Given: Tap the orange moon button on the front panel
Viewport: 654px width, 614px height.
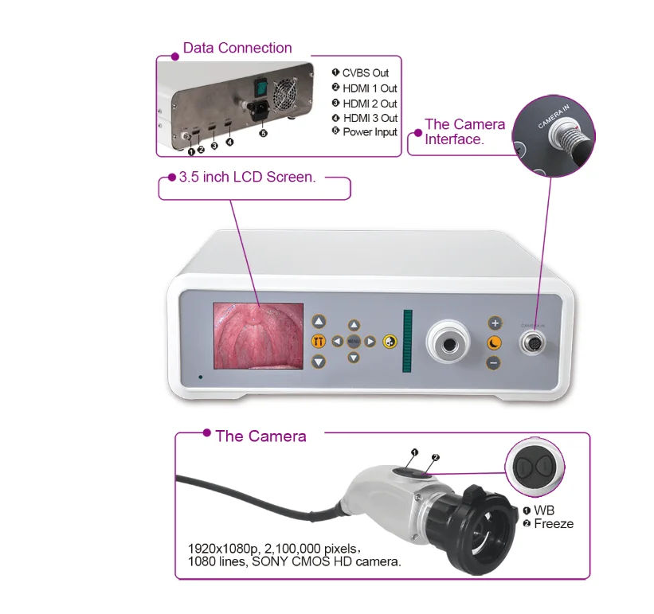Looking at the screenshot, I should pyautogui.click(x=494, y=342).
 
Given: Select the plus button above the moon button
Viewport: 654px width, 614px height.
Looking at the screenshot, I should pyautogui.click(x=494, y=323).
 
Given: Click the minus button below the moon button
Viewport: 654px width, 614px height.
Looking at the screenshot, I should pyautogui.click(x=494, y=362).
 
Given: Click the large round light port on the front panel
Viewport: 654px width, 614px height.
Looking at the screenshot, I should pyautogui.click(x=450, y=343).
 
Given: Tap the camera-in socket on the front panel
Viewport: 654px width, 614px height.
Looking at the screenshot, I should pyautogui.click(x=532, y=342).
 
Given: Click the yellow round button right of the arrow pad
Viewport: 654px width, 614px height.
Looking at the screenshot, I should pyautogui.click(x=390, y=342).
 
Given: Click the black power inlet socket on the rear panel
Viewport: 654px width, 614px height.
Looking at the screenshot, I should pyautogui.click(x=259, y=112).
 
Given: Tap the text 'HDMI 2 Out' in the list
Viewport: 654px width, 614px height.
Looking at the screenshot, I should pyautogui.click(x=370, y=104).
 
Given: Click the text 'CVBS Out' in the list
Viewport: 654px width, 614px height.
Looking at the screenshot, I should pyautogui.click(x=366, y=73).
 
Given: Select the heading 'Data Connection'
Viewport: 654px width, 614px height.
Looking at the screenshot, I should pyautogui.click(x=237, y=48).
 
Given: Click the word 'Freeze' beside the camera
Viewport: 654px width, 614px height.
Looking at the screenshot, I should pyautogui.click(x=554, y=523).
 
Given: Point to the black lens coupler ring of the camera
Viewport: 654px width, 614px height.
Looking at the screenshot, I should pyautogui.click(x=471, y=526).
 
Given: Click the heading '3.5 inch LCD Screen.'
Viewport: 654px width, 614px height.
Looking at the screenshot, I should pyautogui.click(x=247, y=177).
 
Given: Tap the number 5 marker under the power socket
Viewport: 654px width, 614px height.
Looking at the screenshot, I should pyautogui.click(x=263, y=133).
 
